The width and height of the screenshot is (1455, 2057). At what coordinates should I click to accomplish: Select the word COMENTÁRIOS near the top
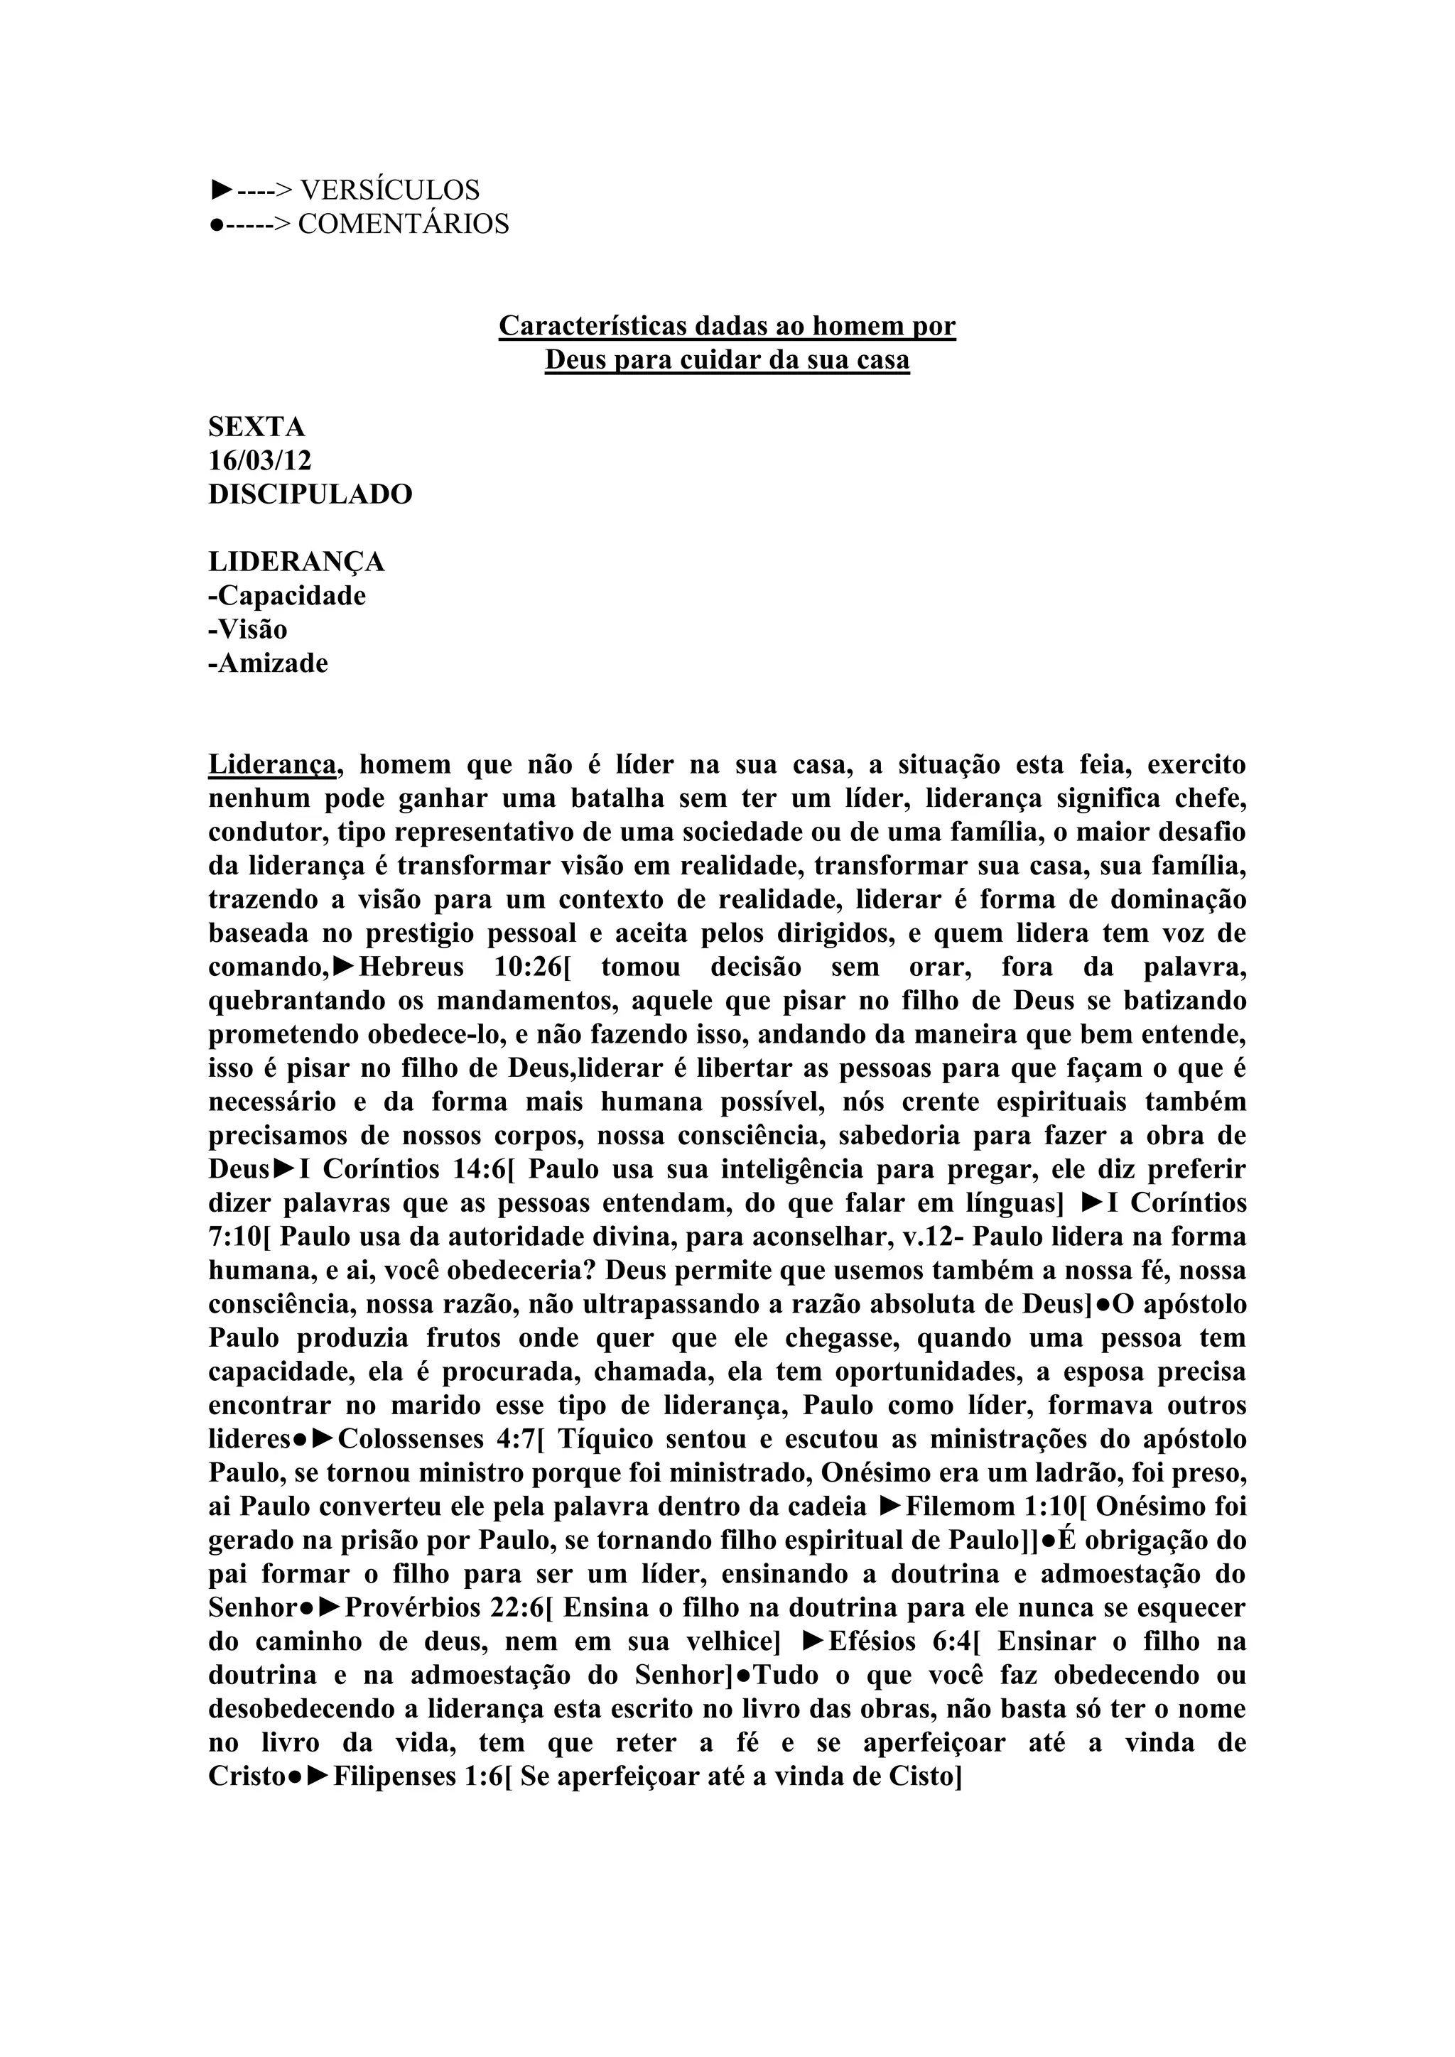[403, 224]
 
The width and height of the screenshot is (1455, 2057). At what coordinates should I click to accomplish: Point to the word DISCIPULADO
[310, 494]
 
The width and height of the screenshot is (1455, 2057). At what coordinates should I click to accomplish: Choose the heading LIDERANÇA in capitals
[296, 562]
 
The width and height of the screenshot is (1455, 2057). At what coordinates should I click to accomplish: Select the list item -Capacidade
[287, 596]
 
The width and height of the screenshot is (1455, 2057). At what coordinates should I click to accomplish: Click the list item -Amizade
[268, 664]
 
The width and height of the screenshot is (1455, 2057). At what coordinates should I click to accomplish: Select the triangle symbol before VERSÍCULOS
[221, 190]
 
